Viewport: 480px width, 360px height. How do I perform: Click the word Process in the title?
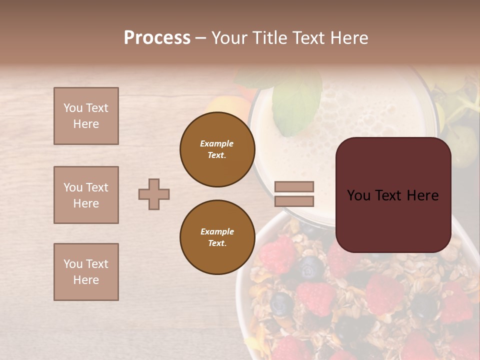click(x=157, y=37)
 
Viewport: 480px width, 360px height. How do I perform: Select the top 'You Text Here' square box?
click(x=86, y=116)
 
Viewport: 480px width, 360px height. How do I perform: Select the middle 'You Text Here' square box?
click(x=86, y=195)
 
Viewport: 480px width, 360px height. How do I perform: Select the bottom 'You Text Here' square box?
click(x=86, y=272)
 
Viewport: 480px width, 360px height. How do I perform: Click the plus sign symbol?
click(x=154, y=194)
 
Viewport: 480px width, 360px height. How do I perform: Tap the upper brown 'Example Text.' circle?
click(x=217, y=149)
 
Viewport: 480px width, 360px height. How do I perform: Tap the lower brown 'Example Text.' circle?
click(x=217, y=237)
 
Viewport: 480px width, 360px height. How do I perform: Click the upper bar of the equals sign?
click(x=294, y=186)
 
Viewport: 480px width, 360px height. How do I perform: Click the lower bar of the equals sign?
click(x=294, y=201)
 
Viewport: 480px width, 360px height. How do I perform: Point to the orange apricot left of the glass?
click(x=225, y=107)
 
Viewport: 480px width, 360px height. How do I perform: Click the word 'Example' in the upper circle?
click(x=217, y=143)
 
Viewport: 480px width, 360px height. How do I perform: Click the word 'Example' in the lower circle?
click(x=217, y=231)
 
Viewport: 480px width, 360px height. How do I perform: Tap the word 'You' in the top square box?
click(x=73, y=108)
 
